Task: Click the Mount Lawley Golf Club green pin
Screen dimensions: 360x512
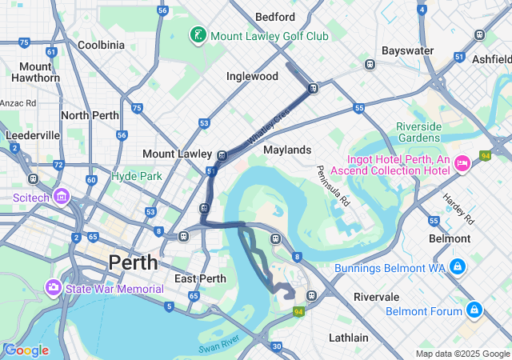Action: point(197,35)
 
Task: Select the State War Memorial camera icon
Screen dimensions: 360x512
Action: point(54,286)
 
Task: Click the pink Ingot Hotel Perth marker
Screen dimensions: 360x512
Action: point(462,164)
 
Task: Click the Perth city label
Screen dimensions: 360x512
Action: point(134,262)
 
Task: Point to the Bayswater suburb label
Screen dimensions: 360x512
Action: point(407,50)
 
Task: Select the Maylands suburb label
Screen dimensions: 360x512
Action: point(286,150)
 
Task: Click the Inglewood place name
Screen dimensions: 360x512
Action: point(252,76)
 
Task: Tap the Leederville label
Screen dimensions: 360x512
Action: point(32,135)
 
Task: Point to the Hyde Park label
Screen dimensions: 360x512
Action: point(137,176)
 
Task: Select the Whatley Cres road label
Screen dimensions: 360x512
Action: point(267,128)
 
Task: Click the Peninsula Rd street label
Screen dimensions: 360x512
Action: point(334,186)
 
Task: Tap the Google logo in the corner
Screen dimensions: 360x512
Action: point(26,350)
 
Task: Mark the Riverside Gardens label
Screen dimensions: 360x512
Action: point(418,132)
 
